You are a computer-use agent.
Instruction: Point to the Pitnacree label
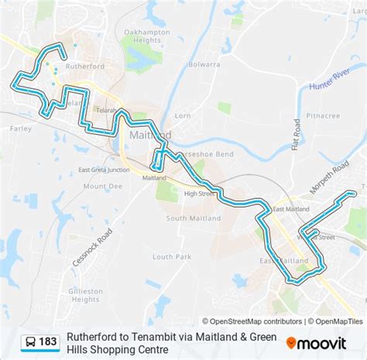click(x=323, y=115)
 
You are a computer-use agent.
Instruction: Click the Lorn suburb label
click(x=183, y=115)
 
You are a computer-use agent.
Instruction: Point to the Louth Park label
click(x=171, y=256)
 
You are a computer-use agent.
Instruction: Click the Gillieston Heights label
click(x=86, y=295)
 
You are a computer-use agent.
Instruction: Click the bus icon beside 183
click(x=29, y=341)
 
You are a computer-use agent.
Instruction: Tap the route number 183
click(x=48, y=341)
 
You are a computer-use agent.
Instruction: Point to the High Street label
click(x=200, y=193)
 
